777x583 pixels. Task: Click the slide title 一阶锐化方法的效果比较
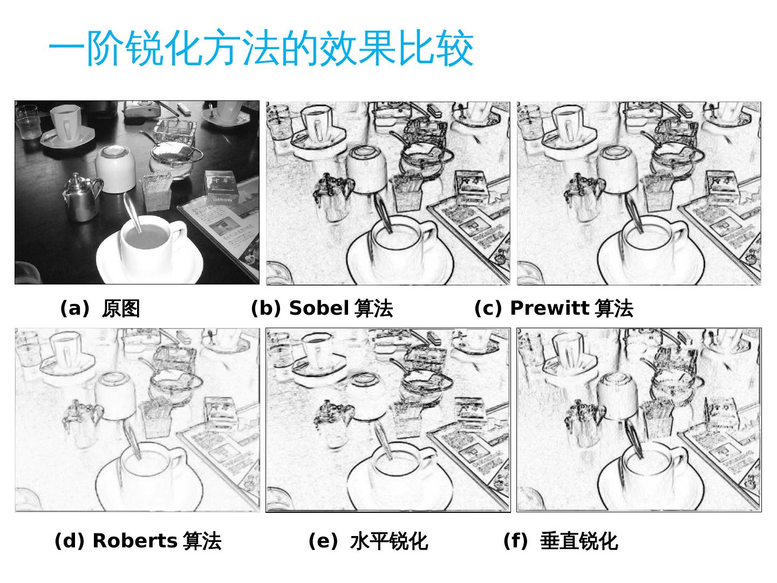point(261,48)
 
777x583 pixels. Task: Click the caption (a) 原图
point(100,308)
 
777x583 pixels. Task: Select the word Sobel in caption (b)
point(319,308)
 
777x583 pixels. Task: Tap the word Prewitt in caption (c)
point(549,308)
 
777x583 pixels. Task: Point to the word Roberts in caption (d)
point(135,540)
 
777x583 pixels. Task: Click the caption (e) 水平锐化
point(369,541)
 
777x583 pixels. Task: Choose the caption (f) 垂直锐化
point(561,541)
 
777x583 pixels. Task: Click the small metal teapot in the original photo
point(82,197)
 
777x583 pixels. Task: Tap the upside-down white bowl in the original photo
point(115,168)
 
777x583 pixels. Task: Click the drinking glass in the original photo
point(28,122)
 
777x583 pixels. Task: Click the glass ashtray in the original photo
point(175,131)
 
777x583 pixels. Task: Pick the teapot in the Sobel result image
point(333,198)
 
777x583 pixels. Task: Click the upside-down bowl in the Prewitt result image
point(617,169)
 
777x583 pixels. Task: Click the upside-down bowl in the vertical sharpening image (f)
point(617,396)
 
